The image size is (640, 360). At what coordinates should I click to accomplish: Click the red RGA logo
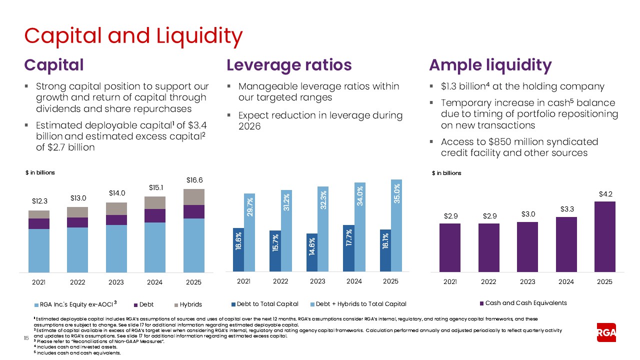606,333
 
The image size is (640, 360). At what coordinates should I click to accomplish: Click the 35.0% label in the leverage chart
396,193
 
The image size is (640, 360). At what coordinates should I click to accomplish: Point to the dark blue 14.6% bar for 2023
312,253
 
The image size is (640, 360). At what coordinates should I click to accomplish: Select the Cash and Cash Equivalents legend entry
523,303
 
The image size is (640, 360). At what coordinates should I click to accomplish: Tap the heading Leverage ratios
289,65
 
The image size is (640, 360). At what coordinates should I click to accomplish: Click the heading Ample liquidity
490,65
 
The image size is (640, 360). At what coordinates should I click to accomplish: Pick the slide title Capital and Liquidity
133,35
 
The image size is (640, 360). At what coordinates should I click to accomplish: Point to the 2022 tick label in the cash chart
488,282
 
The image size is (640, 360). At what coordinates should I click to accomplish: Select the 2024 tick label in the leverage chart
354,281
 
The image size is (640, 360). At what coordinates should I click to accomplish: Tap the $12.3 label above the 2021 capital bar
39,201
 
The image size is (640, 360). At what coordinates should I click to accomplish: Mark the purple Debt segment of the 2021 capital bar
39,223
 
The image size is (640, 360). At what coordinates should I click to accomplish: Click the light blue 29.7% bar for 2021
249,233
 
